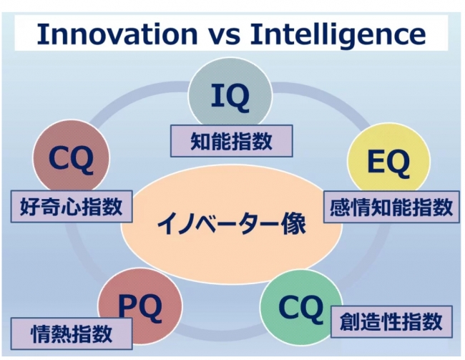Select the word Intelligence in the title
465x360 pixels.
338,34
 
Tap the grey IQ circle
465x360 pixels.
230,92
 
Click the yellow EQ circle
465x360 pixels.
388,161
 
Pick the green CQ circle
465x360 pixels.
300,306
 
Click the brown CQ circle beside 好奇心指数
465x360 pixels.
71,157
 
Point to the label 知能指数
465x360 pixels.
231,141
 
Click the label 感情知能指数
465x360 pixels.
391,207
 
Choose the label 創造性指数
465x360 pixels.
391,322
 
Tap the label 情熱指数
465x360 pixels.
72,334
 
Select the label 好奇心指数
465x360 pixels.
72,206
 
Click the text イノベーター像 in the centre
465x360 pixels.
231,224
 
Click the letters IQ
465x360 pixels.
230,96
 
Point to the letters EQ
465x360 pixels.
388,162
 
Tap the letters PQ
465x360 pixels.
140,305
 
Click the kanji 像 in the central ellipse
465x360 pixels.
294,224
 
